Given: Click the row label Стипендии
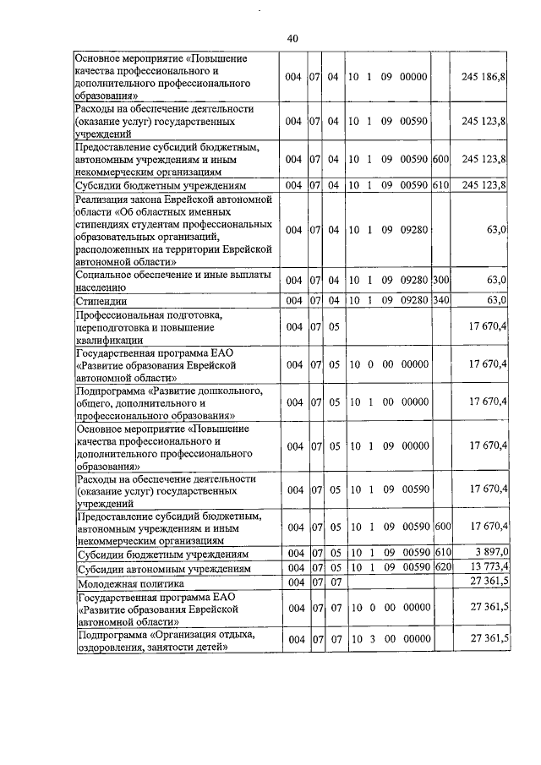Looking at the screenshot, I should pyautogui.click(x=101, y=299).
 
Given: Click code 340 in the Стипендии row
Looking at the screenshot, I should pyautogui.click(x=440, y=299).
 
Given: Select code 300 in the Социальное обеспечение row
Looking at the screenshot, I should pyautogui.click(x=440, y=280).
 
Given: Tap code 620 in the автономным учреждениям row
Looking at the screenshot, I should pyautogui.click(x=440, y=567).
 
